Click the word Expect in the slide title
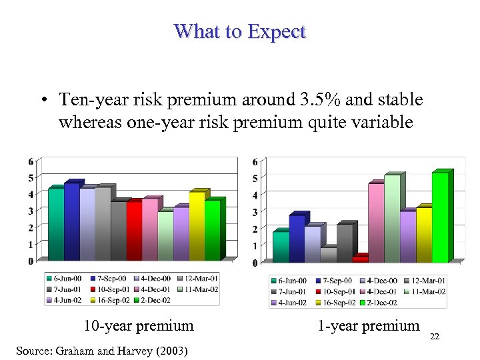click(x=275, y=31)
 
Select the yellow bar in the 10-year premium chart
click(x=197, y=226)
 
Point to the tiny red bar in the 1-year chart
click(x=359, y=259)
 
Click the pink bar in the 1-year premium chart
click(x=375, y=223)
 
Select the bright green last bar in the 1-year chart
click(x=440, y=217)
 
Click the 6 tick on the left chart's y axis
click(x=31, y=161)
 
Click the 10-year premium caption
click(x=138, y=326)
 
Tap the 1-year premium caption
click(x=369, y=325)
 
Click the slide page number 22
click(x=435, y=337)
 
